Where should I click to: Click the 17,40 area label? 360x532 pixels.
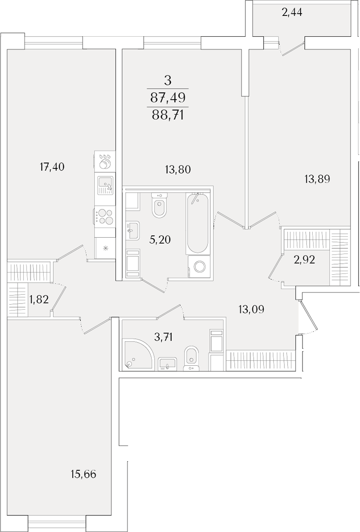tap(52, 167)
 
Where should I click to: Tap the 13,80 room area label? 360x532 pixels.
tap(179, 169)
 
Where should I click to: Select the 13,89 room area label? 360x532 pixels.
tap(317, 178)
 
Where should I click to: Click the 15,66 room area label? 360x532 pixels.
tap(84, 474)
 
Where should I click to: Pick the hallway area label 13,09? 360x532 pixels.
tap(251, 309)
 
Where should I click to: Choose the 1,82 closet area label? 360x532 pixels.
tap(39, 299)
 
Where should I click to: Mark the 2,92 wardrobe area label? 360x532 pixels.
tap(304, 260)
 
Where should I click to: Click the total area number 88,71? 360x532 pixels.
tap(168, 116)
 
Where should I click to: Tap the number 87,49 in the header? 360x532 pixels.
tap(168, 98)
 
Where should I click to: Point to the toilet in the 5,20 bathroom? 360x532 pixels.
tap(159, 205)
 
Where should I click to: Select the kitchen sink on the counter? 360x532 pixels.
tap(105, 186)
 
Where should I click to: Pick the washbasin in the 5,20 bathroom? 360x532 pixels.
tap(133, 231)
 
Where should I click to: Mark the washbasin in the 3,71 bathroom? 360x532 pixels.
tap(167, 363)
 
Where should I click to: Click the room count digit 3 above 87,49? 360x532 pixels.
tap(168, 81)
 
